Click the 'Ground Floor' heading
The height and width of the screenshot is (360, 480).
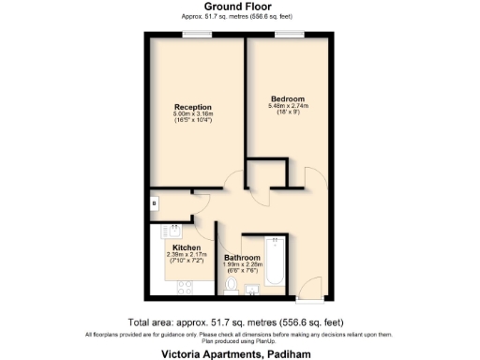click(x=239, y=7)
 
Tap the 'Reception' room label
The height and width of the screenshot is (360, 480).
click(x=192, y=107)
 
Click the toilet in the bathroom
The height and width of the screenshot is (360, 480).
click(x=232, y=286)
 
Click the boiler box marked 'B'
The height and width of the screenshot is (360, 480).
click(x=154, y=203)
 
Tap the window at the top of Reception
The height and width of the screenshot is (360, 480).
click(x=196, y=35)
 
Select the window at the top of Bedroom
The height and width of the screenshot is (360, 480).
click(x=287, y=35)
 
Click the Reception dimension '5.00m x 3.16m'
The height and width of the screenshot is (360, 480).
click(x=192, y=114)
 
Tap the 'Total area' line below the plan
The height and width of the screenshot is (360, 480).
click(x=239, y=322)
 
